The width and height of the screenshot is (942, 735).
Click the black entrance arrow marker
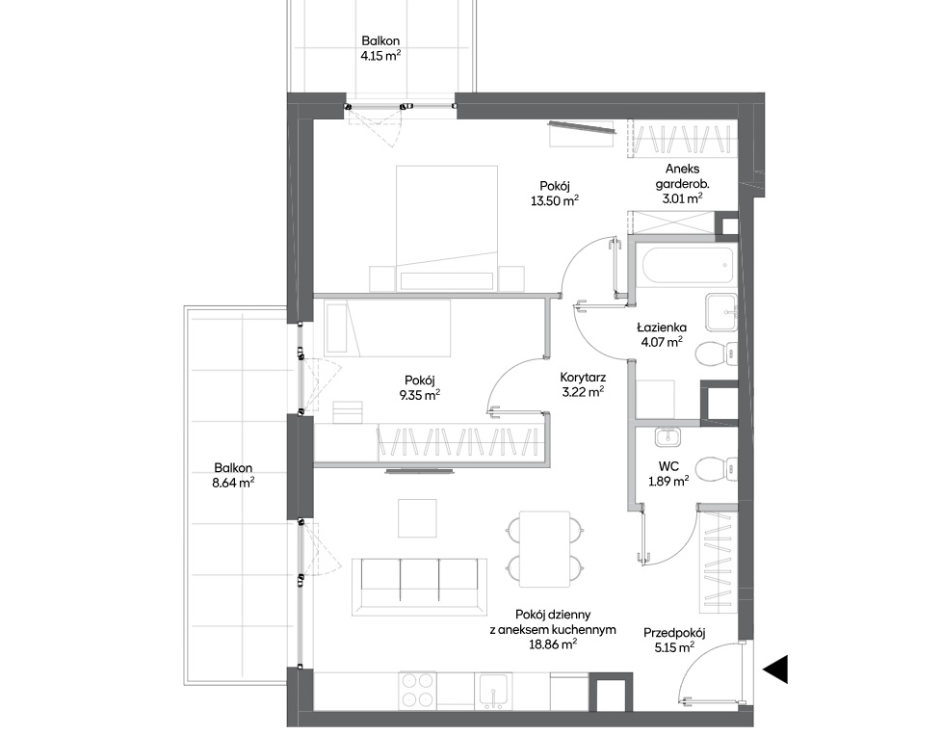[x=776, y=669]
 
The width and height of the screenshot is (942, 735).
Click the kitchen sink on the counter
[x=494, y=690]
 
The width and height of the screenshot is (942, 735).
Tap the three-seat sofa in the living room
[x=419, y=586]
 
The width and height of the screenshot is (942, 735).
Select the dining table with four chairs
[x=544, y=549]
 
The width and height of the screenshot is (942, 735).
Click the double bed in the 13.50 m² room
[x=446, y=228]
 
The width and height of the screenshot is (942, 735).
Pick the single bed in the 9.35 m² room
[x=387, y=328]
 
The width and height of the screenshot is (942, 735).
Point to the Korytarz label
[x=582, y=378]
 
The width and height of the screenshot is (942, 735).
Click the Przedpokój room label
[x=674, y=633]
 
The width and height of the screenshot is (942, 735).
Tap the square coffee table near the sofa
[x=417, y=518]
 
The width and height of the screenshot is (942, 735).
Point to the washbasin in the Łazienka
[x=721, y=312]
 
